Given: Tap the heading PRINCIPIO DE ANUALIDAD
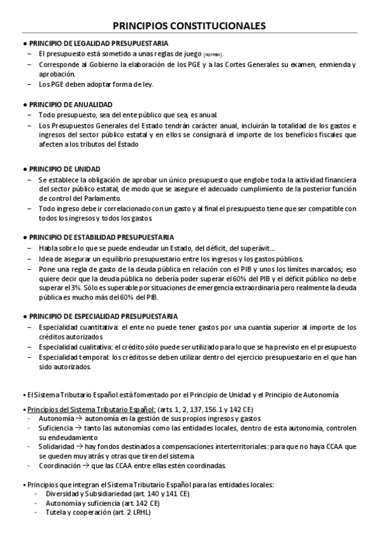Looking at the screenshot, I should tap(71, 104).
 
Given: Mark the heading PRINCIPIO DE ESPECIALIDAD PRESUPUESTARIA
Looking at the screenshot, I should tap(104, 316).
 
